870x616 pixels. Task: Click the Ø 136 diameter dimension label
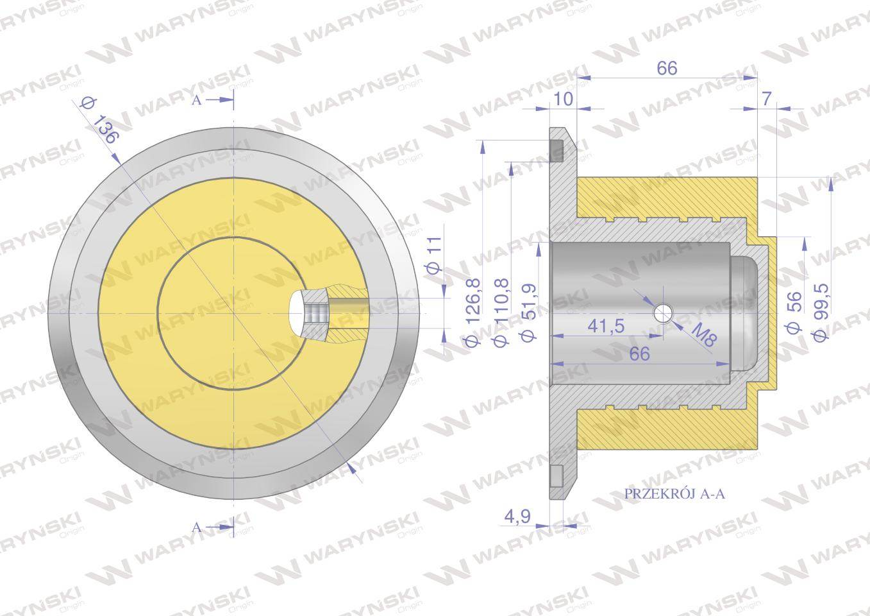pos(99,121)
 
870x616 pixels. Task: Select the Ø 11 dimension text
pos(435,255)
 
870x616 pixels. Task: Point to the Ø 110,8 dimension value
pos(501,312)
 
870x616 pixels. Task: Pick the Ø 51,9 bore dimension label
pos(528,312)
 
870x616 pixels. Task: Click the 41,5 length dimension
pos(606,325)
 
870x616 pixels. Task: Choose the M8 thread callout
pos(704,335)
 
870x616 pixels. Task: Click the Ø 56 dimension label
pos(794,312)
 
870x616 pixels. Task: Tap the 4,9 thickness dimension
pos(517,517)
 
